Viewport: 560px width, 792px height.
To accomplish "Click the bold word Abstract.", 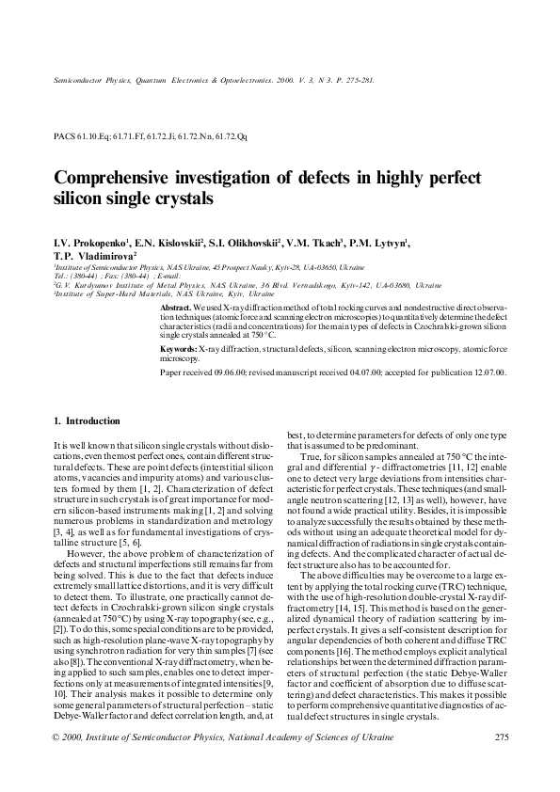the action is tap(176, 308).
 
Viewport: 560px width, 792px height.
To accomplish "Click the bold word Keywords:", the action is tap(179, 349).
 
